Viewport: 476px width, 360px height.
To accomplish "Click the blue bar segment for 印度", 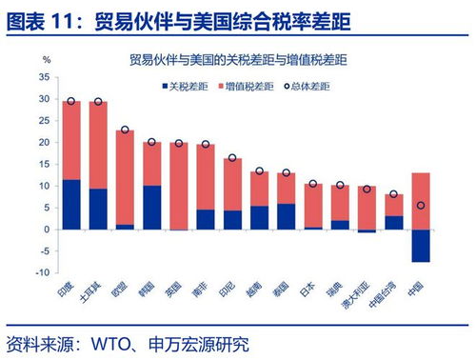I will pos(70,205).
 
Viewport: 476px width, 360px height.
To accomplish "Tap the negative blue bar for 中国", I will pos(420,245).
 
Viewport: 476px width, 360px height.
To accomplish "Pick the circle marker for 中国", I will pos(420,206).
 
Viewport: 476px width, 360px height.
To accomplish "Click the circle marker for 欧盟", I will pos(125,130).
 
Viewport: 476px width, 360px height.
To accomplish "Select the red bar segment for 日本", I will pos(312,206).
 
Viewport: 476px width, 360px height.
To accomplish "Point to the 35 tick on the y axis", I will pos(44,77).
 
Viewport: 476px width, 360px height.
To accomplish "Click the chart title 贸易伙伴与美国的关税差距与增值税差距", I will pos(238,61).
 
